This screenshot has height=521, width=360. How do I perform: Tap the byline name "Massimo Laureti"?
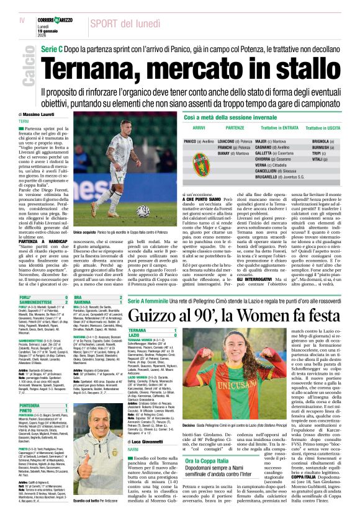point(40,115)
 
